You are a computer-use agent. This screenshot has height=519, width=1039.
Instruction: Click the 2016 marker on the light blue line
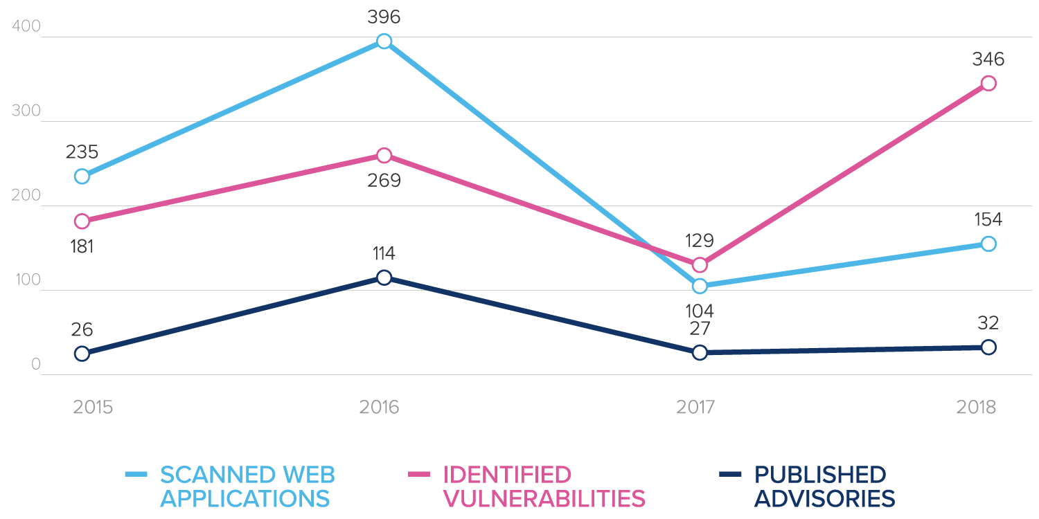(x=384, y=42)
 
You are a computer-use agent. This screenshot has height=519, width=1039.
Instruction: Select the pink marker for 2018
(x=988, y=84)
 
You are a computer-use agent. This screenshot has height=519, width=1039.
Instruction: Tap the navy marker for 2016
(x=384, y=277)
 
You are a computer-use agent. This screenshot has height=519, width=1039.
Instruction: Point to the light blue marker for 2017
(x=700, y=286)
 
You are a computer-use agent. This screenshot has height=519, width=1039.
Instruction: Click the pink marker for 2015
(x=82, y=221)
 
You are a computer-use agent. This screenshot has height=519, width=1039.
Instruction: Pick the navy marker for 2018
(x=988, y=347)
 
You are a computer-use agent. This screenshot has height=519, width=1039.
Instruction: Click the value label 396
(x=384, y=17)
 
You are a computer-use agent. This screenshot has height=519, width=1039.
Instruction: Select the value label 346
(x=988, y=60)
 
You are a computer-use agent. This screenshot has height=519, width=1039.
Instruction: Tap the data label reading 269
(x=384, y=181)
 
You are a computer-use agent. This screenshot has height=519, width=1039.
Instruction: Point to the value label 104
(x=700, y=311)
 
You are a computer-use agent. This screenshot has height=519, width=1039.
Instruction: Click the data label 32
(x=988, y=323)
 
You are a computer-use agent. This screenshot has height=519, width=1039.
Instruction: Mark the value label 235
(x=82, y=152)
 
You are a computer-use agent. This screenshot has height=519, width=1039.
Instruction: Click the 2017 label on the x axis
(x=695, y=407)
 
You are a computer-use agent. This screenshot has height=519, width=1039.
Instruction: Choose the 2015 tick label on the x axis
(x=93, y=407)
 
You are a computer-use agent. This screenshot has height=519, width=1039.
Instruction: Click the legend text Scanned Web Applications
(x=247, y=486)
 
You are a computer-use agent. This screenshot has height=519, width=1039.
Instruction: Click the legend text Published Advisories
(x=824, y=486)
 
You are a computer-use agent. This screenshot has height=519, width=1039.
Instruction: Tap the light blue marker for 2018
(x=988, y=244)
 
